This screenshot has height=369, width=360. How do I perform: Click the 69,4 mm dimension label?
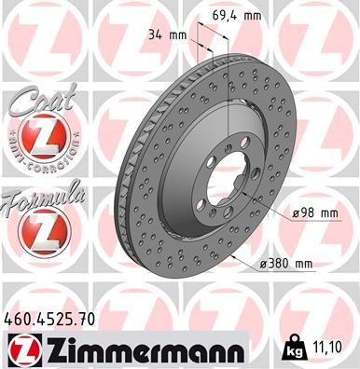pyautogui.click(x=263, y=16)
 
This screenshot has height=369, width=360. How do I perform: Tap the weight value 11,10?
pyautogui.click(x=334, y=346)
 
